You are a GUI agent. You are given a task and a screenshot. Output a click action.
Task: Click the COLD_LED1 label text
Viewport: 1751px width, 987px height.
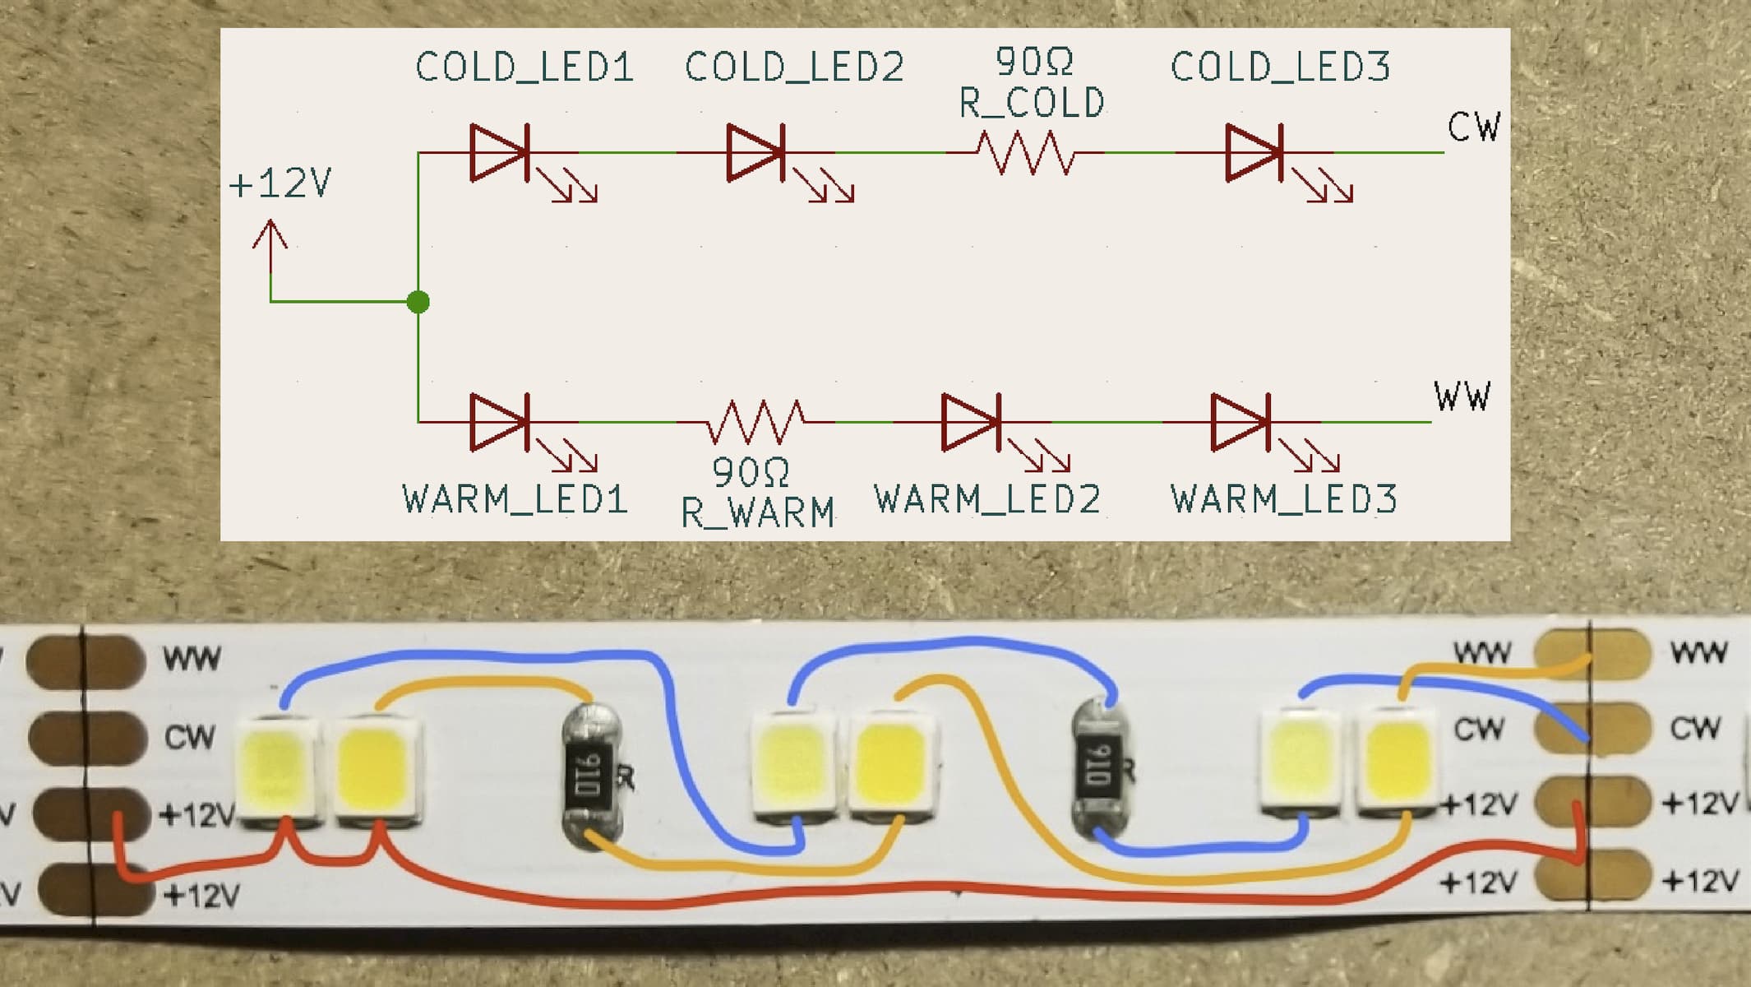(524, 67)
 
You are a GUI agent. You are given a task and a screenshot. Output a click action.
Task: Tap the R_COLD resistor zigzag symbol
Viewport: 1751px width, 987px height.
(1025, 153)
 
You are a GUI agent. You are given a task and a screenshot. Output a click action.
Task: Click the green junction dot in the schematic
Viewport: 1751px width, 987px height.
(418, 302)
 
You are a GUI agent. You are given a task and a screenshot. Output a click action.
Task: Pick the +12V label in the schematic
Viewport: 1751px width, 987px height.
(280, 183)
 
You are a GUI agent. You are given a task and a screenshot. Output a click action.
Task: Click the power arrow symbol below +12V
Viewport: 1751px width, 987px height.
(270, 247)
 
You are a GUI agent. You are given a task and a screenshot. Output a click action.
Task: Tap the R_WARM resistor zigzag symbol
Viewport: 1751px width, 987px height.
(756, 422)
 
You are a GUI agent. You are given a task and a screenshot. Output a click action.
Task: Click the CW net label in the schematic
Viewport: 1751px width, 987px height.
(1474, 127)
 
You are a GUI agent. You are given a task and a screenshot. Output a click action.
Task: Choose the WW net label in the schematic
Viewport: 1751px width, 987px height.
(1462, 396)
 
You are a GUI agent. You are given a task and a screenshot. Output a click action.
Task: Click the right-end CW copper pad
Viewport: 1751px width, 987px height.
(1592, 729)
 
